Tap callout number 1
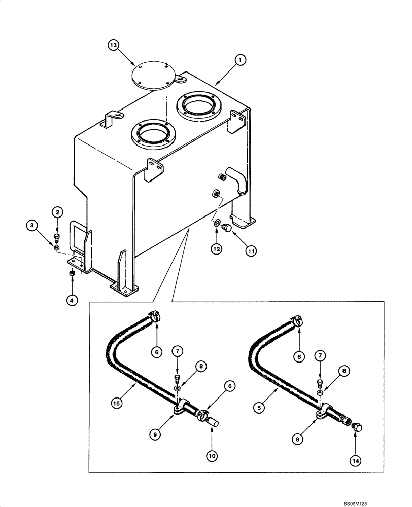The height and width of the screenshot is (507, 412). (240, 60)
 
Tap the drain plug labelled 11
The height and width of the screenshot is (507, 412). (227, 229)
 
